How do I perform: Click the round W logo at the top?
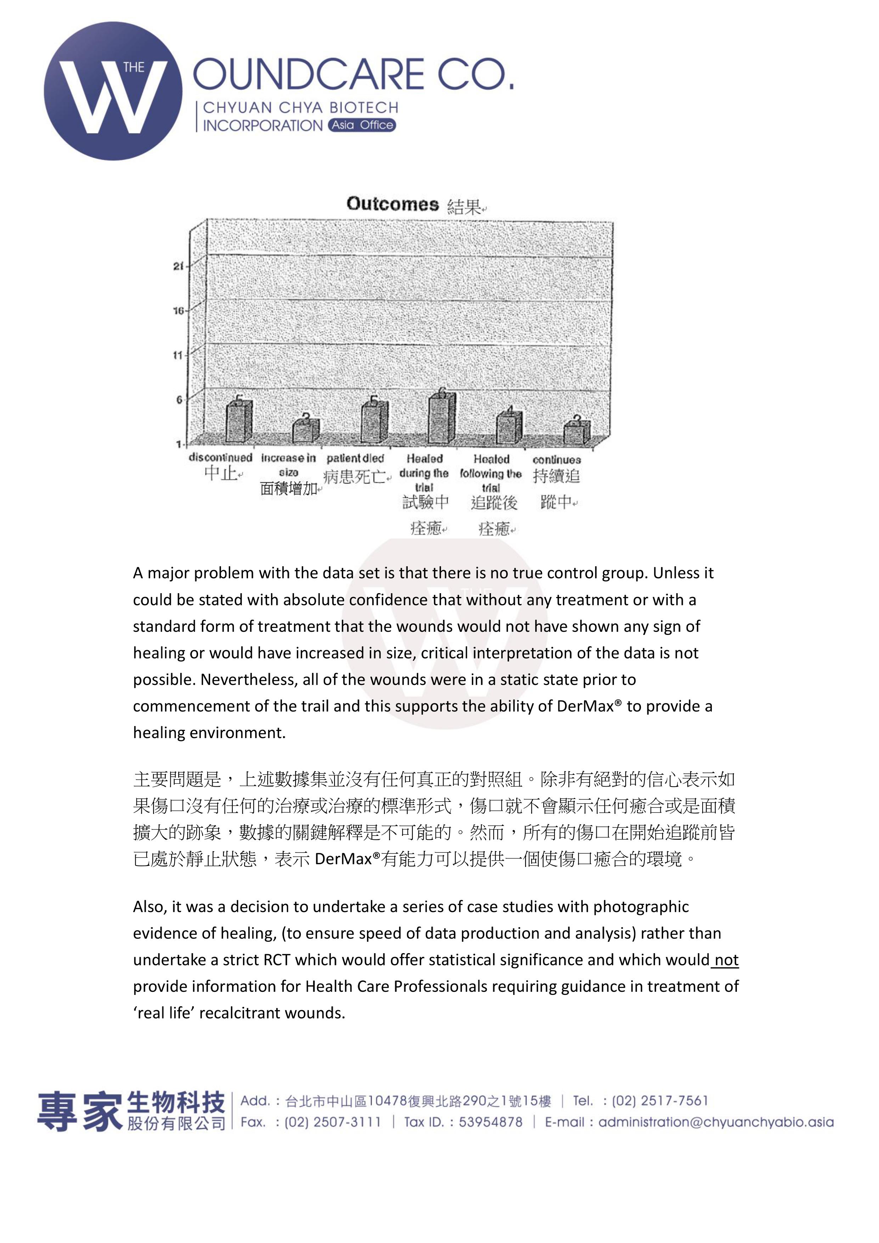pos(113,91)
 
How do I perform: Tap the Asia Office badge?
pos(362,125)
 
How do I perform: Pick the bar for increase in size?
pos(306,431)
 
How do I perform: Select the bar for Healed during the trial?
pos(442,417)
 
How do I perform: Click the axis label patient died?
pos(355,459)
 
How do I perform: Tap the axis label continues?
pos(556,460)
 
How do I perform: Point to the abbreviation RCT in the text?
pos(277,960)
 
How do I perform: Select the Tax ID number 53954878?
pos(490,1122)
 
